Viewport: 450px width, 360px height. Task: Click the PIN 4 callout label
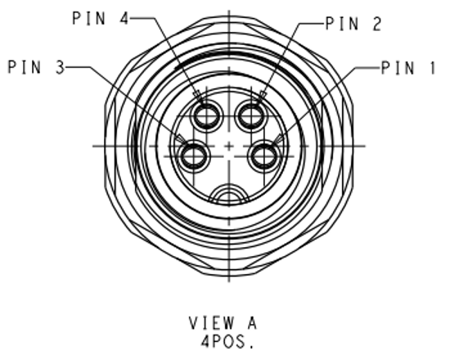pos(101,18)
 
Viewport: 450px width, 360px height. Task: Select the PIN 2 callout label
pos(353,24)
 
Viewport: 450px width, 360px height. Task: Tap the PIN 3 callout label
pos(37,67)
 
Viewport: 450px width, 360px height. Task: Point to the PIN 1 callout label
pos(407,68)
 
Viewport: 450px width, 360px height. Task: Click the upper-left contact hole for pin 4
pos(207,116)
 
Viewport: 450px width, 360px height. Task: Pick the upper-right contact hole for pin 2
pos(251,116)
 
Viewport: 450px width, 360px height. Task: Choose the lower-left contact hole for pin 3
pos(194,156)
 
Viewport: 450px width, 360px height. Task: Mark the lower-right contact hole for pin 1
pos(264,156)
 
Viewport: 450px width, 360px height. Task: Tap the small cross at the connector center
pos(229,146)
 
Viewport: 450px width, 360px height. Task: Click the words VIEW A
pos(223,323)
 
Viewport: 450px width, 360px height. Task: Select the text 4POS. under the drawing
pos(227,342)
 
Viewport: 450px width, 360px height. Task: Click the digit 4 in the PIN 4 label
pos(124,18)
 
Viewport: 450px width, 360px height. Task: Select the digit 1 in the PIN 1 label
pos(432,69)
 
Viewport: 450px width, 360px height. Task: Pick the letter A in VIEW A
pos(252,323)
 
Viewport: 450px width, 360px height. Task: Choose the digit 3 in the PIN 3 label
pos(61,67)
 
